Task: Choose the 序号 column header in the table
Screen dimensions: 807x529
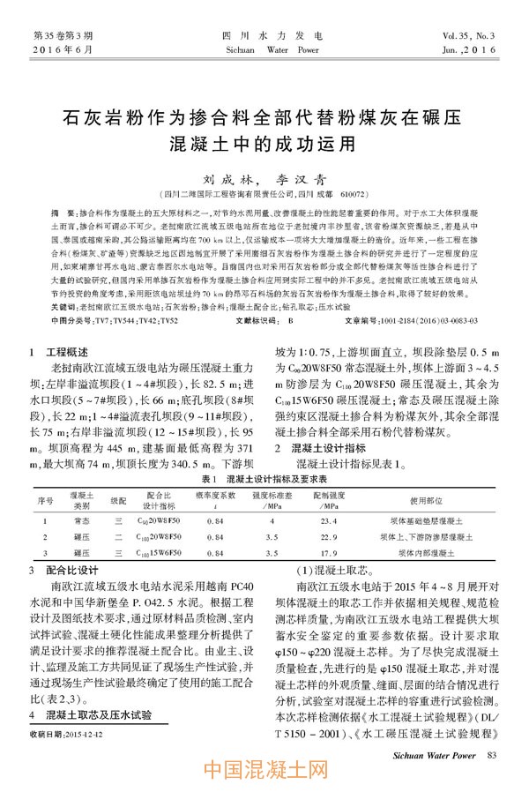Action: coord(44,499)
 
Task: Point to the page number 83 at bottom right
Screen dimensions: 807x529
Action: coord(492,752)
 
